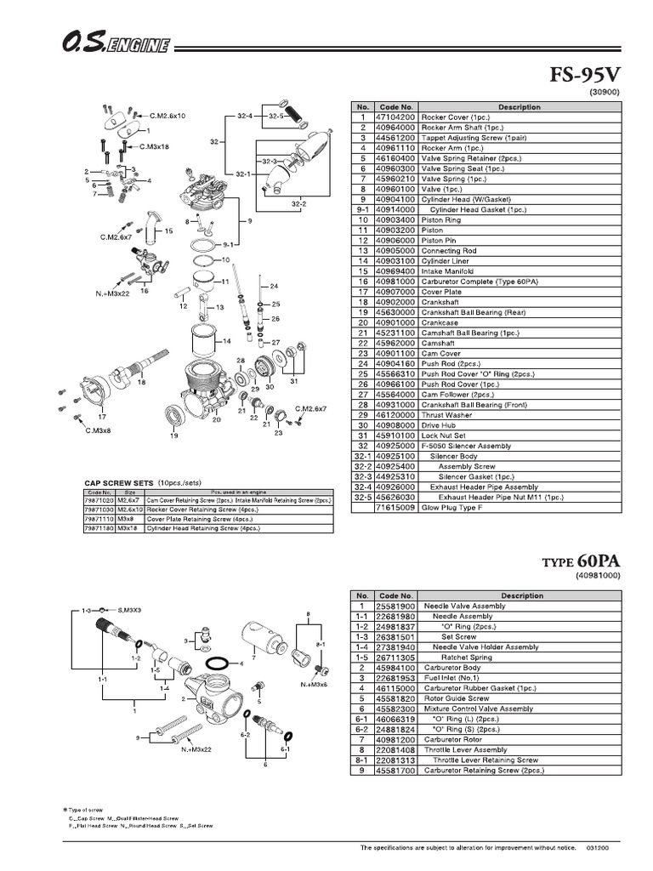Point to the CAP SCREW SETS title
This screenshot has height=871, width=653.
click(x=118, y=481)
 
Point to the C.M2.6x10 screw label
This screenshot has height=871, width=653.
click(x=168, y=115)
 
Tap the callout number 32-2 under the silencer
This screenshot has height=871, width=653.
click(x=298, y=204)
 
